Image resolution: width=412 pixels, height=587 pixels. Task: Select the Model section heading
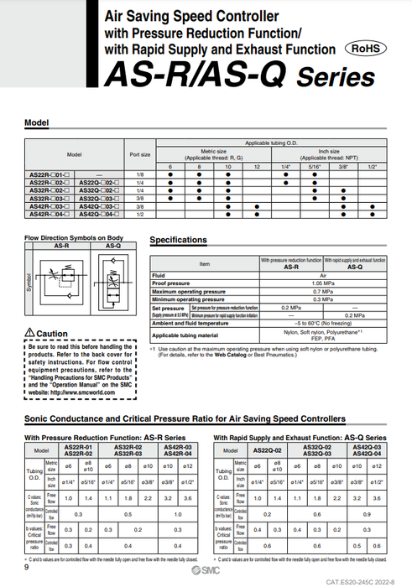click(x=37, y=122)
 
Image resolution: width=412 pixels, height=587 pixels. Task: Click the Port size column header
click(x=140, y=154)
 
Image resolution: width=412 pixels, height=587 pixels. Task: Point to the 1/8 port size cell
click(x=140, y=174)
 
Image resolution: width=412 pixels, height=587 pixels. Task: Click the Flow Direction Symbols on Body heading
click(x=75, y=237)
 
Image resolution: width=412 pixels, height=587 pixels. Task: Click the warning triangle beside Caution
click(x=30, y=334)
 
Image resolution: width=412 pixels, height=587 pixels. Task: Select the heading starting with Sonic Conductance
click(x=185, y=418)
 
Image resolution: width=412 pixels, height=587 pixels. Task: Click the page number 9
click(x=28, y=568)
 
